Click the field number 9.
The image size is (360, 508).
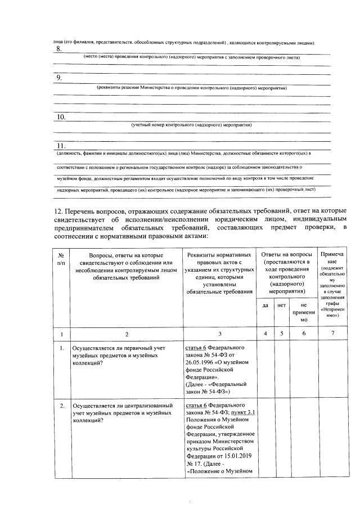[x=59, y=78]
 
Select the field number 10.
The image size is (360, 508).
[x=61, y=117]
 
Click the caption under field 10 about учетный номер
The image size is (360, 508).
[x=191, y=124]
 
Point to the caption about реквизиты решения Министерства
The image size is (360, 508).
[x=192, y=88]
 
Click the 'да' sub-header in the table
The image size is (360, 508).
[x=265, y=305]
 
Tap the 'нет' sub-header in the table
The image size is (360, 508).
[x=281, y=305]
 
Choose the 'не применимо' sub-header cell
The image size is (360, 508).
[x=303, y=312]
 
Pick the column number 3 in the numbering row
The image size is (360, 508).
[x=220, y=334]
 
